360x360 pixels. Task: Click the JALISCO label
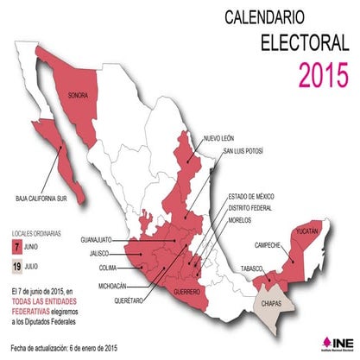(102, 254)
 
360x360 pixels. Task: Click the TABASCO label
(252, 268)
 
